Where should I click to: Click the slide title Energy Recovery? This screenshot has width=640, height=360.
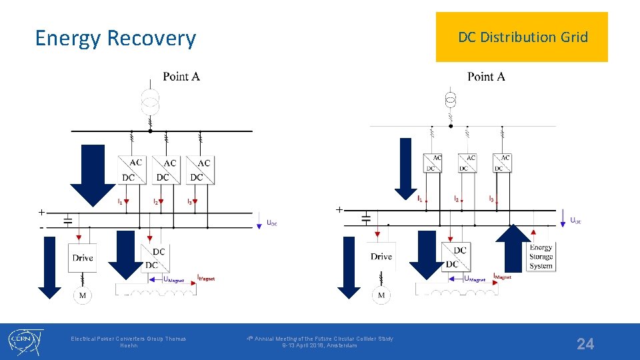[115, 39]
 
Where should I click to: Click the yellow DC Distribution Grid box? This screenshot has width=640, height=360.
[522, 37]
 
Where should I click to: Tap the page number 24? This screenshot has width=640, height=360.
[585, 344]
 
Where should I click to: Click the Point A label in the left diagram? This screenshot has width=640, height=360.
[181, 77]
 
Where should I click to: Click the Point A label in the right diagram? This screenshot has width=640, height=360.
[486, 77]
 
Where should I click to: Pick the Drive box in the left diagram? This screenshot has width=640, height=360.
[83, 258]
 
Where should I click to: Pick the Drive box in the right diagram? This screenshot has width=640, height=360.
[381, 257]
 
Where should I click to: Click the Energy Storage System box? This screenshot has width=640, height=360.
[541, 257]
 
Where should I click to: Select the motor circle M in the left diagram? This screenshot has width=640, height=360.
[82, 295]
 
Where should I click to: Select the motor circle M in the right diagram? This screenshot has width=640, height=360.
[381, 295]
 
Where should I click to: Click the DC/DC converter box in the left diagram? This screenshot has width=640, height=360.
[153, 258]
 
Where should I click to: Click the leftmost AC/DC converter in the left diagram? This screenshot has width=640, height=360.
[131, 170]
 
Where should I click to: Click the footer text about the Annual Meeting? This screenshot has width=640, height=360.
[319, 342]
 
